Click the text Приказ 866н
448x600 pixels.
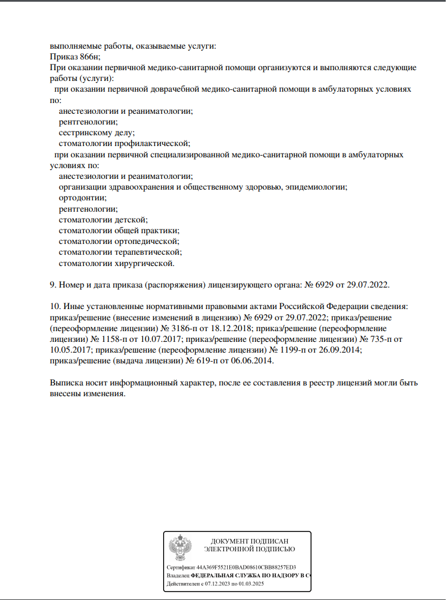click(75, 57)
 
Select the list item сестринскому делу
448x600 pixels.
click(96, 133)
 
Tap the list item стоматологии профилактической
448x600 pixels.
click(124, 144)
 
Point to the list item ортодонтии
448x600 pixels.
click(82, 198)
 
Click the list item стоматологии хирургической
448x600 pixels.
click(117, 263)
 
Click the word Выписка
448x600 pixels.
click(67, 383)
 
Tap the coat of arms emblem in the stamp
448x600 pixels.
click(180, 546)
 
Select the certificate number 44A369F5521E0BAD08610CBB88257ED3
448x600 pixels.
click(246, 567)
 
